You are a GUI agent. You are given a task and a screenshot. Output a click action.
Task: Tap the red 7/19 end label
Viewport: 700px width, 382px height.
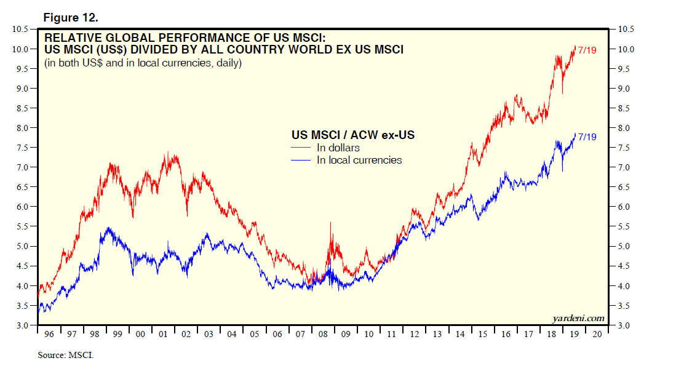587,49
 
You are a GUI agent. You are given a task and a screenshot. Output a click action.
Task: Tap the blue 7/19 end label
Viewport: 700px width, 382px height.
587,136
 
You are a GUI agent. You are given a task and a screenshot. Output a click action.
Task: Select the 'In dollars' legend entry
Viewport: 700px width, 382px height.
338,148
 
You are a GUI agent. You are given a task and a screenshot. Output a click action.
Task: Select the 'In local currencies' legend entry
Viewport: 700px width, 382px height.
359,160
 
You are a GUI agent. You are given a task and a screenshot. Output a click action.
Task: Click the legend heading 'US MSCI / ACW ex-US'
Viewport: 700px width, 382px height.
352,135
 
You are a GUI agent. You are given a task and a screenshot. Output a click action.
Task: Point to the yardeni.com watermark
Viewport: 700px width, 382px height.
578,318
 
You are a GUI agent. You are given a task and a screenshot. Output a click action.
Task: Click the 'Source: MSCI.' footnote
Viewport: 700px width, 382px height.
65,356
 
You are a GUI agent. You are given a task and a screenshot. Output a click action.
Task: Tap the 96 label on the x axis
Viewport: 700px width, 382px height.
49,334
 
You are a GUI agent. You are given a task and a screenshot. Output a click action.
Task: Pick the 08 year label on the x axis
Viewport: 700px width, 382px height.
323,334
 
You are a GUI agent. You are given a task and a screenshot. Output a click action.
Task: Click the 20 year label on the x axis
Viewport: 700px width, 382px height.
596,334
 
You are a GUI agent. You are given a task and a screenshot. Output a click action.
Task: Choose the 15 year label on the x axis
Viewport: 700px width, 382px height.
482,334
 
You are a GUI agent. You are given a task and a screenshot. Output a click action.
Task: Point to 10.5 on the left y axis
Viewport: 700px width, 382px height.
20,29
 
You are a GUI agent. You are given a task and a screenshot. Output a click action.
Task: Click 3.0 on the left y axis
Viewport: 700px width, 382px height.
22,325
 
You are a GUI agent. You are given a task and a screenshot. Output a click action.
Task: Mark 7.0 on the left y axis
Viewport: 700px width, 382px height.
22,167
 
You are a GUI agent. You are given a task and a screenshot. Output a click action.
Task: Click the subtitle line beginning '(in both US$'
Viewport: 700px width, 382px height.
142,63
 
